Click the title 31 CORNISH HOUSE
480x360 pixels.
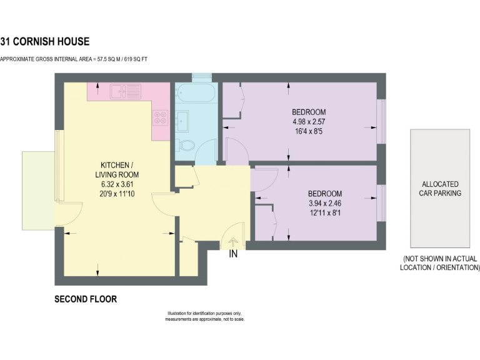[x=45, y=42]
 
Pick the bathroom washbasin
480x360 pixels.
[x=183, y=120]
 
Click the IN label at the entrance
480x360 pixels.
[x=233, y=254]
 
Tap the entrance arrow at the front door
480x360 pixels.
[x=233, y=242]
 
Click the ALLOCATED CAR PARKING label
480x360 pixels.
[x=440, y=189]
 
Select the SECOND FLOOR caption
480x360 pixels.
[x=86, y=299]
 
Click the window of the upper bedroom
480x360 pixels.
[x=382, y=121]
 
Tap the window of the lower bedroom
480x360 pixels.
[x=382, y=202]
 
